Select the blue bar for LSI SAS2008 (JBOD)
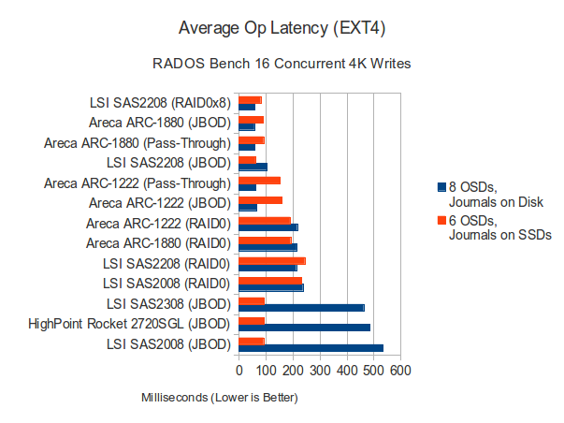pos(311,348)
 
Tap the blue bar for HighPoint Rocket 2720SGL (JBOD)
pos(304,328)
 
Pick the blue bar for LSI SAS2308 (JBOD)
pos(301,307)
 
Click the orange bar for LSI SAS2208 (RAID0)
pos(272,260)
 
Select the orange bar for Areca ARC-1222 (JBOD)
pos(260,199)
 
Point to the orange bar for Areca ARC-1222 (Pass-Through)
pos(259,179)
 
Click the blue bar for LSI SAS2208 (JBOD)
pos(253,167)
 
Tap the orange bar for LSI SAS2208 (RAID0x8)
pos(250,99)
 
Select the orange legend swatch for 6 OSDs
pos(441,220)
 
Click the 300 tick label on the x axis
pos(320,372)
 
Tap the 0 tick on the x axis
pos(239,372)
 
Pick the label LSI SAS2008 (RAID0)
pos(167,284)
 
